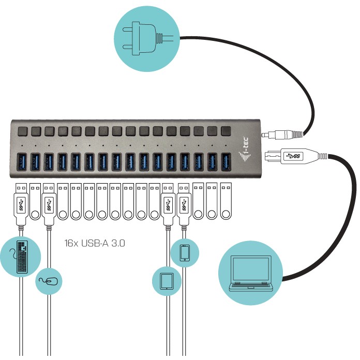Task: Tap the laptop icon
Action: [252, 274]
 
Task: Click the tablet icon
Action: [167, 281]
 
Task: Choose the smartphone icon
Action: [185, 252]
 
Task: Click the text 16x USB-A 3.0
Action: [95, 242]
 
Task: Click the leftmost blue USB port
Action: [23, 162]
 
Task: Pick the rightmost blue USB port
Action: [225, 161]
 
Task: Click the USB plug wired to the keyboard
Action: [21, 204]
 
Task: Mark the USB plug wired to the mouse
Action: [49, 204]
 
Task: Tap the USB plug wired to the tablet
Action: [168, 204]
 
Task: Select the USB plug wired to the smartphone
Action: [185, 204]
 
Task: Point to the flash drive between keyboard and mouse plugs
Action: [35, 201]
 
